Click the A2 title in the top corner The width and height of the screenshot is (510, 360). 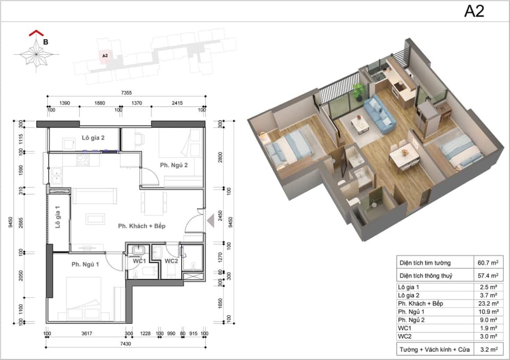pyautogui.click(x=474, y=11)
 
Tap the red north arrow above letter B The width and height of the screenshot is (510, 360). pyautogui.click(x=36, y=33)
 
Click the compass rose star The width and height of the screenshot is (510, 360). pyautogui.click(x=36, y=54)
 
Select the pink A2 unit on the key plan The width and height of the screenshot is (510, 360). pyautogui.click(x=105, y=56)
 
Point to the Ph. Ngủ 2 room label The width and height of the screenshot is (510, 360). pyautogui.click(x=174, y=165)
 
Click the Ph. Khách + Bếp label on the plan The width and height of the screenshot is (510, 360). pyautogui.click(x=141, y=226)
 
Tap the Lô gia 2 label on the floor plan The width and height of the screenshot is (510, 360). pyautogui.click(x=93, y=138)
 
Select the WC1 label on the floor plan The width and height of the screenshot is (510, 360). pyautogui.click(x=139, y=261)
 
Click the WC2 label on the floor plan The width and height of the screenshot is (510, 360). pyautogui.click(x=171, y=261)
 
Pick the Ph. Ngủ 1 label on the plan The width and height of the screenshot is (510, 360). pyautogui.click(x=85, y=264)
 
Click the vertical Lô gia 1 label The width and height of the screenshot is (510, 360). pyautogui.click(x=58, y=217)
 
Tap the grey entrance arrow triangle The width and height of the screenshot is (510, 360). pyautogui.click(x=211, y=220)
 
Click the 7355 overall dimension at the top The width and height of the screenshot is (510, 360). pyautogui.click(x=126, y=93)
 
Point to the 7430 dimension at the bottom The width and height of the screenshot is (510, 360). pyautogui.click(x=125, y=344)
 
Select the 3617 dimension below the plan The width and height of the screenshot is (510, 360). pyautogui.click(x=87, y=333)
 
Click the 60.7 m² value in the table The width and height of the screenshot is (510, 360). pyautogui.click(x=488, y=262)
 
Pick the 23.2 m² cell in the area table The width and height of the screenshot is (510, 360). pyautogui.click(x=488, y=303)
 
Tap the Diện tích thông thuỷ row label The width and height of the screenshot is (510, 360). pyautogui.click(x=426, y=276)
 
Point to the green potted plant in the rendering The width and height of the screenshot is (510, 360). pyautogui.click(x=358, y=91)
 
